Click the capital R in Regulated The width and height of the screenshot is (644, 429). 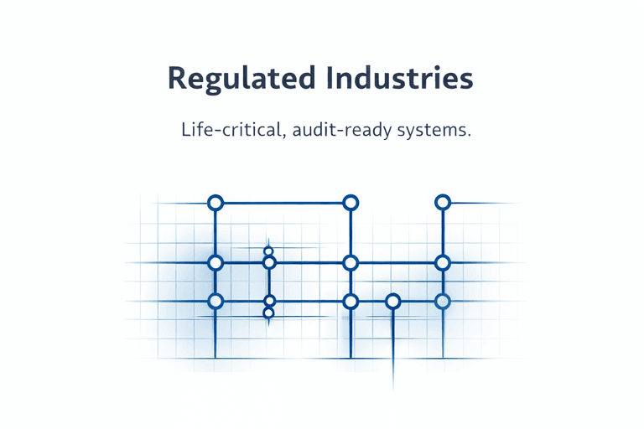[x=177, y=77]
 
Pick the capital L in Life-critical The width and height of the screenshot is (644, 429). [x=184, y=132]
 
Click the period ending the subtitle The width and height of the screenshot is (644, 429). [x=467, y=137]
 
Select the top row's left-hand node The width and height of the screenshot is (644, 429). [x=216, y=202]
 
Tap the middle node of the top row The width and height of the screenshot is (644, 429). [x=351, y=202]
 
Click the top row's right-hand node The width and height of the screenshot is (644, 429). [x=443, y=202]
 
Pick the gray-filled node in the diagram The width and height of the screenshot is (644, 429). [x=443, y=301]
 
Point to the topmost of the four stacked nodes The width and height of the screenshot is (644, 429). [x=268, y=251]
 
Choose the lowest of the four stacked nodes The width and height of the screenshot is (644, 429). [x=268, y=313]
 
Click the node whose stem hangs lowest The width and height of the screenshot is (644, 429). [x=392, y=301]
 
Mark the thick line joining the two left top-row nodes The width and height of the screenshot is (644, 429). [x=283, y=202]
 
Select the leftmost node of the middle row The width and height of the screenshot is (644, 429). [x=216, y=262]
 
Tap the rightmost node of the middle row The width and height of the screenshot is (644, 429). [x=443, y=262]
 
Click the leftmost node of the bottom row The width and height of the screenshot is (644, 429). [x=216, y=301]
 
